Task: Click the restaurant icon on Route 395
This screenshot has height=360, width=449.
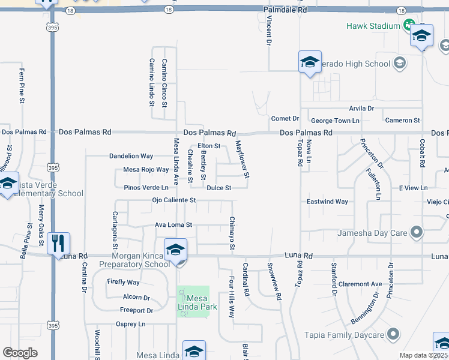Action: point(58,243)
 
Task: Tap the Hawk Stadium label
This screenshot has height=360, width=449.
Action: point(372,26)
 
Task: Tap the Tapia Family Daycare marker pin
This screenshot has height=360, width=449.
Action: point(394,334)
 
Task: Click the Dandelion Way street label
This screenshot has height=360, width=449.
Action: point(131,156)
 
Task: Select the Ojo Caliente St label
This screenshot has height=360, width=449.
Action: point(173,200)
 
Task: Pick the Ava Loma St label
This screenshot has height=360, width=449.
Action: point(173,225)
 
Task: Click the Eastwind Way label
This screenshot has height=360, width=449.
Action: point(328,202)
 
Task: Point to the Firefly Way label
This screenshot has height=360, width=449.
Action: point(123,282)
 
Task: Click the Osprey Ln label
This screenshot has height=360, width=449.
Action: point(130,324)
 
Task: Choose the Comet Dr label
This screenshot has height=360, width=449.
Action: point(285,118)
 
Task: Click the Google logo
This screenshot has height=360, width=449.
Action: point(20,352)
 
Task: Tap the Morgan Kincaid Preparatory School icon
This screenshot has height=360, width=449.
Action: point(175,250)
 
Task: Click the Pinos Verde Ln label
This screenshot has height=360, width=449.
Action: point(146,188)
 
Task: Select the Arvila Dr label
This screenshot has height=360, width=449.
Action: point(362,109)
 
